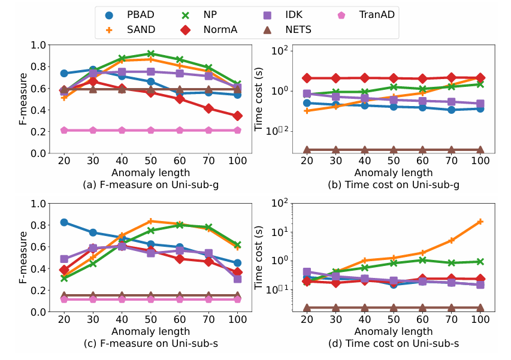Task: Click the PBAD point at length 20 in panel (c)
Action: pos(64,222)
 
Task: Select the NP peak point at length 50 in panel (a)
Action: pos(151,54)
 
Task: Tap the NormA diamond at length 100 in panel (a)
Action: pos(238,116)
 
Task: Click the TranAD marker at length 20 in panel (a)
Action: pos(64,130)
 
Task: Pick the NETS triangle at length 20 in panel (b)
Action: pos(307,150)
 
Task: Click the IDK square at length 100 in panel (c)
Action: pos(238,279)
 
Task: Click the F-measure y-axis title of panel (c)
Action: pos(22,258)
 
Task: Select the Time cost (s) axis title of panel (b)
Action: pos(259,99)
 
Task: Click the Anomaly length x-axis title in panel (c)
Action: pos(151,331)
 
